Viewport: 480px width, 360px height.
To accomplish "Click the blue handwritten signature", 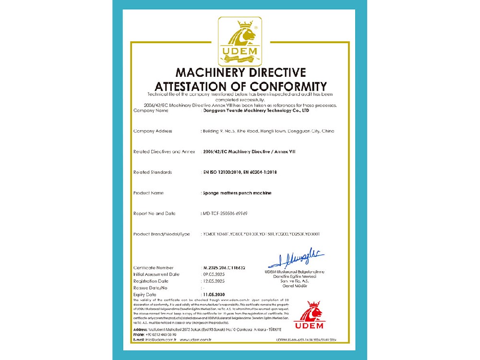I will click(297, 258).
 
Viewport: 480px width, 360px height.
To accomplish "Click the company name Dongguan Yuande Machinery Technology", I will click(256, 110).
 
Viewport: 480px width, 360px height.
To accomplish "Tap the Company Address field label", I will click(153, 131).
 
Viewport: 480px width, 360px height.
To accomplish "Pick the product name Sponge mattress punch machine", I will click(237, 193).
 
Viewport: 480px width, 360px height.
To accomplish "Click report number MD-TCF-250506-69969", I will click(228, 213).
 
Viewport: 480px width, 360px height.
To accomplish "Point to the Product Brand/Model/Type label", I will click(161, 234).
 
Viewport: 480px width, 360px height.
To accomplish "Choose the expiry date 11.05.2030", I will click(214, 294).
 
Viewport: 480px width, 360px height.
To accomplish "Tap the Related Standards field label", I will click(153, 172).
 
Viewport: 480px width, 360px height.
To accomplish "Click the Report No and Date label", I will click(155, 213).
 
